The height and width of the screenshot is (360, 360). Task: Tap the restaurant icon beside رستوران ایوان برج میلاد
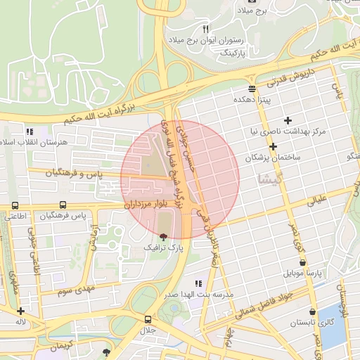[x=205, y=30]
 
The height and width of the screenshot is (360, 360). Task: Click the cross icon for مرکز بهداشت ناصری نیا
[x=287, y=120]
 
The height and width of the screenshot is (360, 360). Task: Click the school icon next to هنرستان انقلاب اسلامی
[x=30, y=131]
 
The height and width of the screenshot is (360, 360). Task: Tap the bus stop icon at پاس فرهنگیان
[x=63, y=205]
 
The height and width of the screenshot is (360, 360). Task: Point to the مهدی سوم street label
[x=75, y=289]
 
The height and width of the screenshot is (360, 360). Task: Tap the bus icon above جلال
[x=147, y=319]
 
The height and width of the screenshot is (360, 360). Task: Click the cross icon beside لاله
[x=21, y=311]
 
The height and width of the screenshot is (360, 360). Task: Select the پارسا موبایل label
[x=302, y=271]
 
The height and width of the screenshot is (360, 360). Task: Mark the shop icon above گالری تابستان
[x=312, y=311]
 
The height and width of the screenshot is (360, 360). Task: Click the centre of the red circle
[x=180, y=179]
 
